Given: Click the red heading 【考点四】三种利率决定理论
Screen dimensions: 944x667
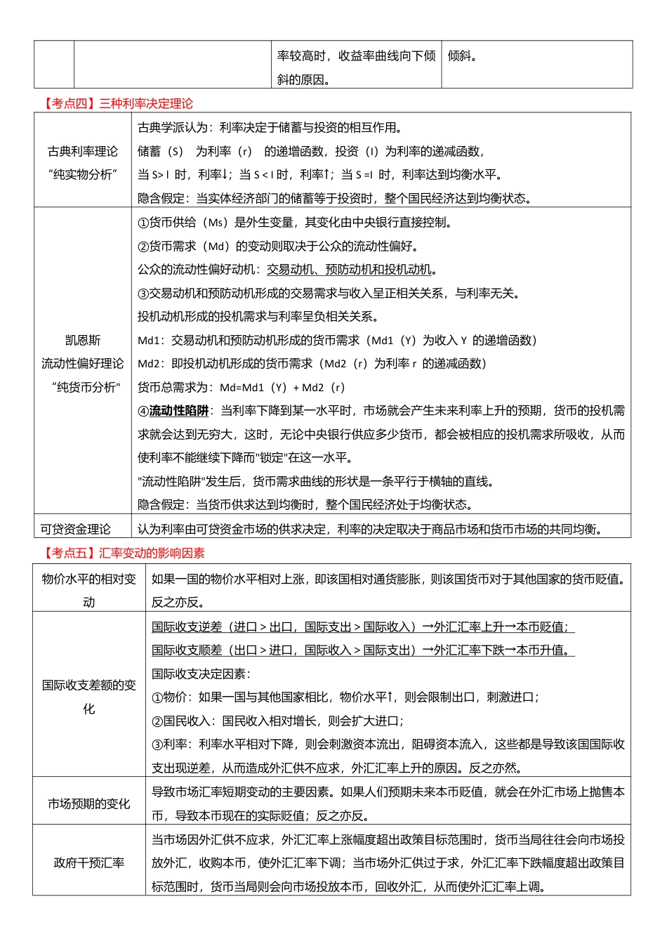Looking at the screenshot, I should (x=118, y=104).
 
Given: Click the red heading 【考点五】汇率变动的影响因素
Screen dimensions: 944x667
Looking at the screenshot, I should (x=124, y=553).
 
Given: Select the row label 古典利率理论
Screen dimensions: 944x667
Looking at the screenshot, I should (x=83, y=151).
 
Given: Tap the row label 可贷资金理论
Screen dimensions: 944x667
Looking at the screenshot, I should (x=76, y=529).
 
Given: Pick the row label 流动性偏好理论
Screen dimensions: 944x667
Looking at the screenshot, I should (x=83, y=364).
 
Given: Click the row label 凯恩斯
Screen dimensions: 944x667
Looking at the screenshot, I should (x=83, y=341).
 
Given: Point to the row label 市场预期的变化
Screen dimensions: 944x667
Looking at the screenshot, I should (x=89, y=804).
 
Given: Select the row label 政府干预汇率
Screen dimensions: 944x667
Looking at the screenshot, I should (x=89, y=863).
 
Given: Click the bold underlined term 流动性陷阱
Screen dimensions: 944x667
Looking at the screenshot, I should (x=179, y=411).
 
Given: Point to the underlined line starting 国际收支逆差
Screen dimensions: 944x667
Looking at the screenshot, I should (x=362, y=627).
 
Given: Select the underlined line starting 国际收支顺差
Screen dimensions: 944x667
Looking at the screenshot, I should (x=362, y=650).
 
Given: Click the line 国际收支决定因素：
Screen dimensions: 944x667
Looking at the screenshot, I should (x=201, y=674).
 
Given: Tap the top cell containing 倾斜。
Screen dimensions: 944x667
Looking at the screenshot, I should (x=463, y=56).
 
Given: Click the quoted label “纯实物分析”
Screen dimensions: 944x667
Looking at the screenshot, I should (x=83, y=175).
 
